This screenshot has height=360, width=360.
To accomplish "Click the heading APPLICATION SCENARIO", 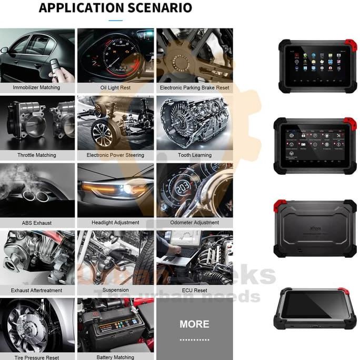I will point(115,8).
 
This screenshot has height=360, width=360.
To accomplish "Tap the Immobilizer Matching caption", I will point(36,87).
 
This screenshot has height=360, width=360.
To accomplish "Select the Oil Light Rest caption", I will point(115,87).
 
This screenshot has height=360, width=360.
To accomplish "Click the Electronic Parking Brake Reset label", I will point(195,87).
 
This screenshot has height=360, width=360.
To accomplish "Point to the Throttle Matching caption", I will point(36,155).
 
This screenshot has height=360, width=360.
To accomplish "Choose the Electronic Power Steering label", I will point(115,155).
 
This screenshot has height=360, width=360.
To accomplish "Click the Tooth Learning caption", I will point(195,155).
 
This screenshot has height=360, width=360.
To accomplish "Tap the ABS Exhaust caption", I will point(36,223).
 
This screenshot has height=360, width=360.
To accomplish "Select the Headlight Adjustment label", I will point(115,223).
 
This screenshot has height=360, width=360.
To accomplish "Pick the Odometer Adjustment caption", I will point(195,223).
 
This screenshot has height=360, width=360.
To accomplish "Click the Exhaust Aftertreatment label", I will point(36,290).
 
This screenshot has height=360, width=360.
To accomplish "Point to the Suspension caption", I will point(115,290).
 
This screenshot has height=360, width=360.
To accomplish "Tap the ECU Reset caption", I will point(195,290).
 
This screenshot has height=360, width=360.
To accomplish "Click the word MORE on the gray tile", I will point(194,324).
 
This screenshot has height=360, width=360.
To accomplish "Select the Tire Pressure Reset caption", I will point(36,357).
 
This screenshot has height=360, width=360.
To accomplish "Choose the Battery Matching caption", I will point(115,357).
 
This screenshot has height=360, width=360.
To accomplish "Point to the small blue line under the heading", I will point(115,21).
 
